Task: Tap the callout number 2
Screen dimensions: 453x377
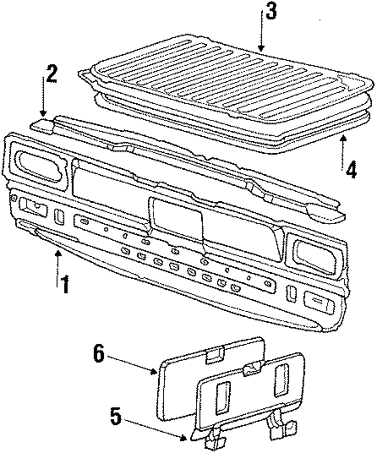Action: (x=52, y=74)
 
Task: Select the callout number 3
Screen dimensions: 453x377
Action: (x=270, y=12)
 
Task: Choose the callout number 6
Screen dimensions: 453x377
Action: (x=99, y=353)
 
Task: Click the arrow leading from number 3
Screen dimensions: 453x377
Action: (x=262, y=37)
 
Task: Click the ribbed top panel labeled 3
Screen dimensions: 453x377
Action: (x=228, y=85)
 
